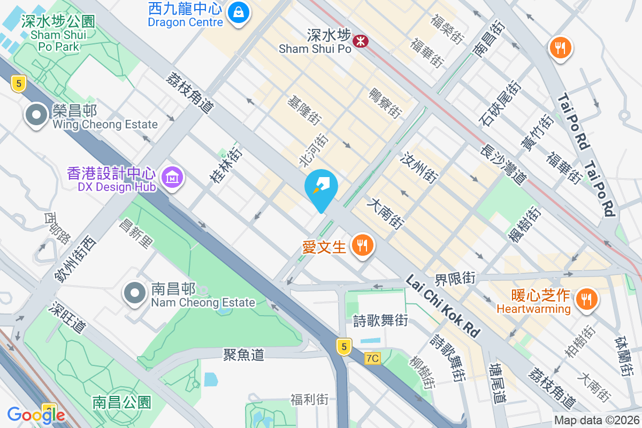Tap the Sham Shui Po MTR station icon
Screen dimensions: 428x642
(x=360, y=40)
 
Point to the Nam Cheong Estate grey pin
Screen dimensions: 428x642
(x=135, y=294)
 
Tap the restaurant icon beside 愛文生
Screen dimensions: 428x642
(x=362, y=246)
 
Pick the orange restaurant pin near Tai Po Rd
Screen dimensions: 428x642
(x=560, y=49)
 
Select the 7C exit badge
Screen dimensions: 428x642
(x=372, y=358)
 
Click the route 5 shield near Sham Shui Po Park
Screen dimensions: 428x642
(x=19, y=83)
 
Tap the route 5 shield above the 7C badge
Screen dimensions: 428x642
(x=344, y=347)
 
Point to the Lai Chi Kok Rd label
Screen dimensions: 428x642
(x=442, y=306)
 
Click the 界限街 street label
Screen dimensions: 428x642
(x=455, y=278)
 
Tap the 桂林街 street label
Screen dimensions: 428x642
(x=226, y=165)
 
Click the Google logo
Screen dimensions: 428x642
(x=35, y=415)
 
